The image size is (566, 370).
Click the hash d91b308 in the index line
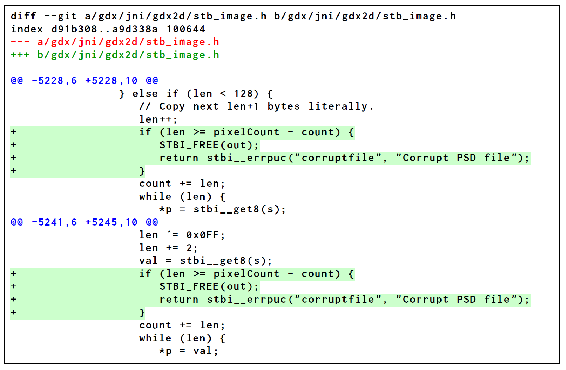click(74, 29)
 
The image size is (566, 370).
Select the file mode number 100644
click(186, 29)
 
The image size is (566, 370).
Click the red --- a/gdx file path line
click(115, 42)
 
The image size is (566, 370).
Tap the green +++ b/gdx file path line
click(115, 55)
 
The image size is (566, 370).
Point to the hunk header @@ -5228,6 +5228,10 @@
click(84, 81)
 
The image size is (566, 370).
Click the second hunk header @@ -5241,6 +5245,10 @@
click(84, 222)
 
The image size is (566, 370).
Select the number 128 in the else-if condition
click(243, 94)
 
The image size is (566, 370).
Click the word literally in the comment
click(338, 106)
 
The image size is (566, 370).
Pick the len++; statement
click(158, 119)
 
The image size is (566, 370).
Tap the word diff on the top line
click(23, 16)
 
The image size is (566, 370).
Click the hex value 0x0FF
click(202, 235)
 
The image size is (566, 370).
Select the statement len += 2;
click(168, 248)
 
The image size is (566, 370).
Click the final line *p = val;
click(189, 351)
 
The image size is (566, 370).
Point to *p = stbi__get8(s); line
click(222, 210)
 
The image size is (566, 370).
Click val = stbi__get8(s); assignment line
click(206, 261)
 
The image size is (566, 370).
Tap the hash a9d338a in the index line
click(135, 29)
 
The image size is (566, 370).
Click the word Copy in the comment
click(172, 106)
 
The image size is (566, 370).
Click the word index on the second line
click(27, 29)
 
